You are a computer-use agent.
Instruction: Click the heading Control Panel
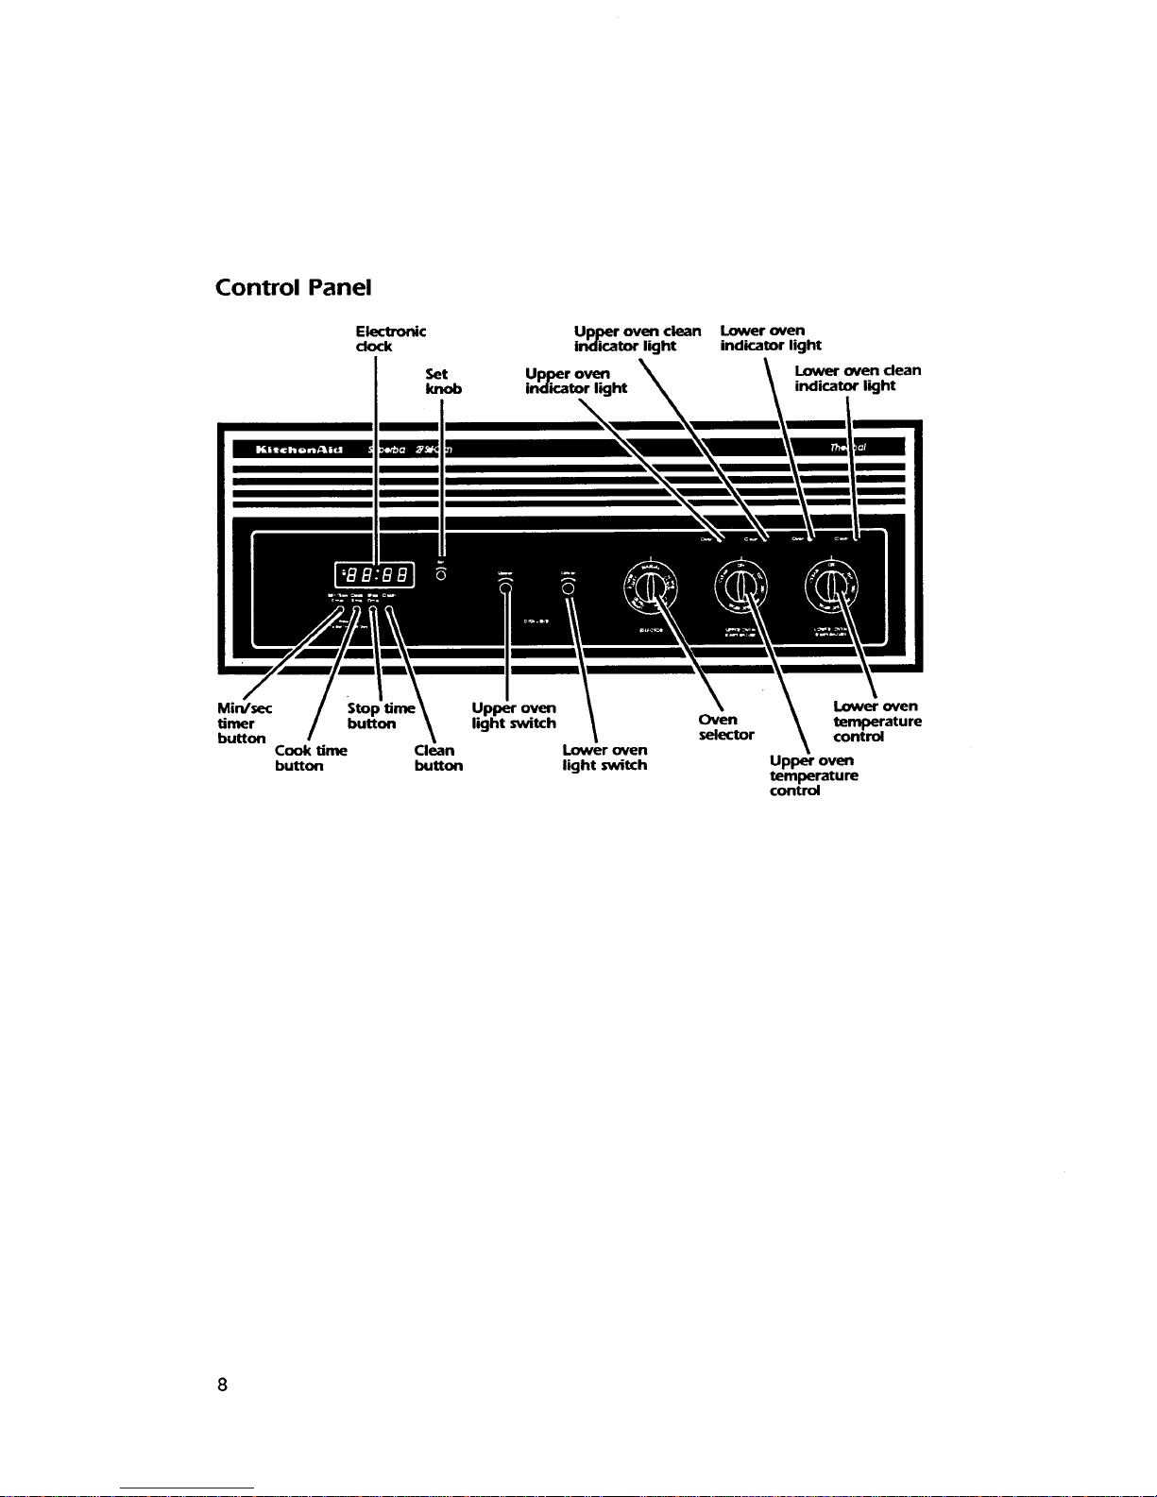pyautogui.click(x=293, y=286)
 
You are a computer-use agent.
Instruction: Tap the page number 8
pyautogui.click(x=222, y=1385)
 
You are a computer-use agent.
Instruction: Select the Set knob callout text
pyautogui.click(x=443, y=381)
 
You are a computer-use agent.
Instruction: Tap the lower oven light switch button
pyautogui.click(x=568, y=588)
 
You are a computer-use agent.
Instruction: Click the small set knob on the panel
pyautogui.click(x=441, y=575)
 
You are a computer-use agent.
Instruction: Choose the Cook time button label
pyautogui.click(x=310, y=757)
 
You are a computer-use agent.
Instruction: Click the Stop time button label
pyautogui.click(x=380, y=715)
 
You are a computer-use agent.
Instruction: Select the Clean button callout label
pyautogui.click(x=438, y=757)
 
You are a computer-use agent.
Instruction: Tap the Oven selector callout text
pyautogui.click(x=725, y=726)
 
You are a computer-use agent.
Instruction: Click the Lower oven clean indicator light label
pyautogui.click(x=857, y=378)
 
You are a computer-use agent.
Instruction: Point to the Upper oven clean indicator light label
pyautogui.click(x=638, y=338)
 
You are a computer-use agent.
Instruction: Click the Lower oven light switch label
pyautogui.click(x=604, y=757)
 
